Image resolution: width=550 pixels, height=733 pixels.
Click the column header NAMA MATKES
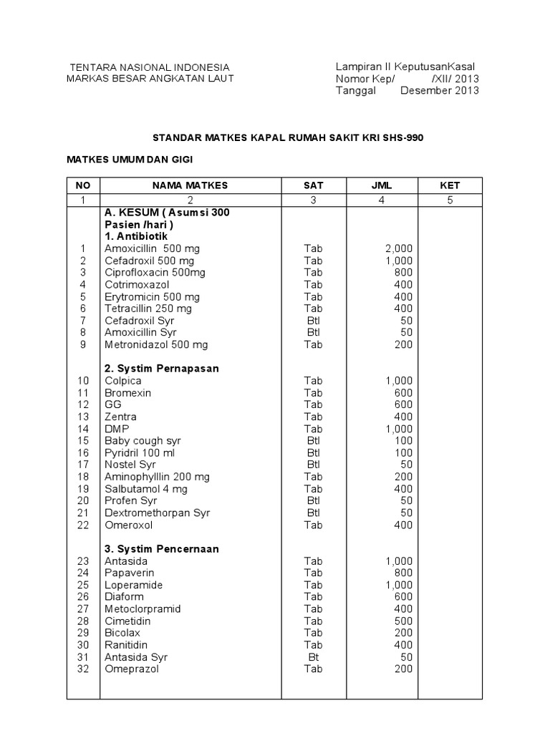[190, 185]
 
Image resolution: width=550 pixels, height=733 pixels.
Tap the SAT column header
[313, 185]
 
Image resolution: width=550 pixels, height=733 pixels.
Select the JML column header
[382, 185]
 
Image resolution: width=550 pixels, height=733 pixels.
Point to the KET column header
[450, 185]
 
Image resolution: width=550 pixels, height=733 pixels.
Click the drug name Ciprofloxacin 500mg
[155, 273]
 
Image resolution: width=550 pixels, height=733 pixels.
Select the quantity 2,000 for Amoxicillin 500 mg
[398, 248]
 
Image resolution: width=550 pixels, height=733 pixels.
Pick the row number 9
[82, 344]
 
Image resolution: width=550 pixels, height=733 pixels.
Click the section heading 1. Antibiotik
[137, 236]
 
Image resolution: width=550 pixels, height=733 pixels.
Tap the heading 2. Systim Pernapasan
[161, 368]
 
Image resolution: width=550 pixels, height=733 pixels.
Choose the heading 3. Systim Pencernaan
[161, 549]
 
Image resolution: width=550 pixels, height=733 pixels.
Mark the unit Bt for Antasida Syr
[313, 657]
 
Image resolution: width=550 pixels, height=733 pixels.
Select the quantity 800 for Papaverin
[403, 573]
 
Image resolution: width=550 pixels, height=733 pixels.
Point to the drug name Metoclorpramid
[143, 609]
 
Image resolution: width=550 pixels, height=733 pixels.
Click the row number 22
[83, 525]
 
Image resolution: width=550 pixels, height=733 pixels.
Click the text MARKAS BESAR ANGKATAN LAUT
[150, 78]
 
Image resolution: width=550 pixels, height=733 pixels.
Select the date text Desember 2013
[440, 90]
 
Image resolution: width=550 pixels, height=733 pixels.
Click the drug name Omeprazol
[132, 669]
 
